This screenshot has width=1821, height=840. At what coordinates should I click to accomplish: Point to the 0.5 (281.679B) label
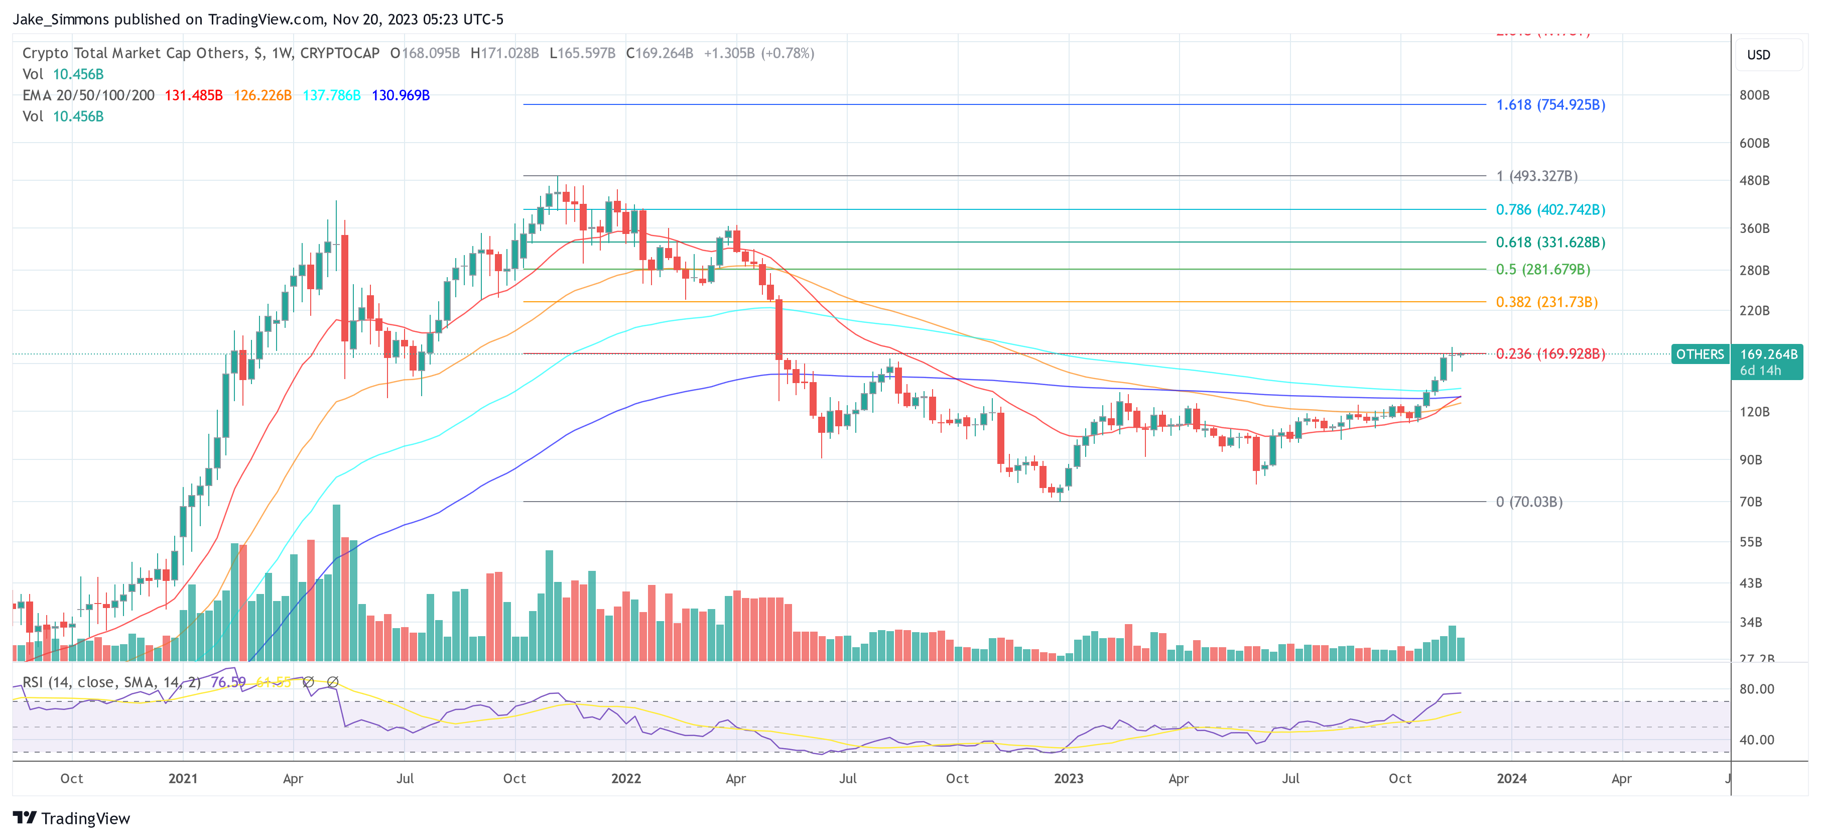click(x=1542, y=270)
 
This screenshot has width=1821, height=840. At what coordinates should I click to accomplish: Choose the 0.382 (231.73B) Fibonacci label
click(x=1546, y=302)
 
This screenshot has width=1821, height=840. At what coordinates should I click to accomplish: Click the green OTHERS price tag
click(x=1700, y=354)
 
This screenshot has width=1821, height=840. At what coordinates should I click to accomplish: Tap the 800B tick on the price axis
click(x=1754, y=95)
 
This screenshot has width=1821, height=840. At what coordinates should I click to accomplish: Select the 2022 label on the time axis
click(x=625, y=778)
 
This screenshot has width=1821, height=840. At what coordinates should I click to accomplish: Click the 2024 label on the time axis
click(x=1511, y=778)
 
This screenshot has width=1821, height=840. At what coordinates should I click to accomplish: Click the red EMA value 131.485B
click(x=193, y=95)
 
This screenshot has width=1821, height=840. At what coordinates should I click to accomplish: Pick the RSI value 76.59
click(x=228, y=682)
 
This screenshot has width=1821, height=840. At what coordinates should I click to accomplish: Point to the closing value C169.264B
click(x=659, y=53)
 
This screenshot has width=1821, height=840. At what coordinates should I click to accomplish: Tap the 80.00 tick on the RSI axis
click(x=1756, y=689)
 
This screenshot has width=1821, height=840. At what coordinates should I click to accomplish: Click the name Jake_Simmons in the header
click(x=61, y=19)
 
